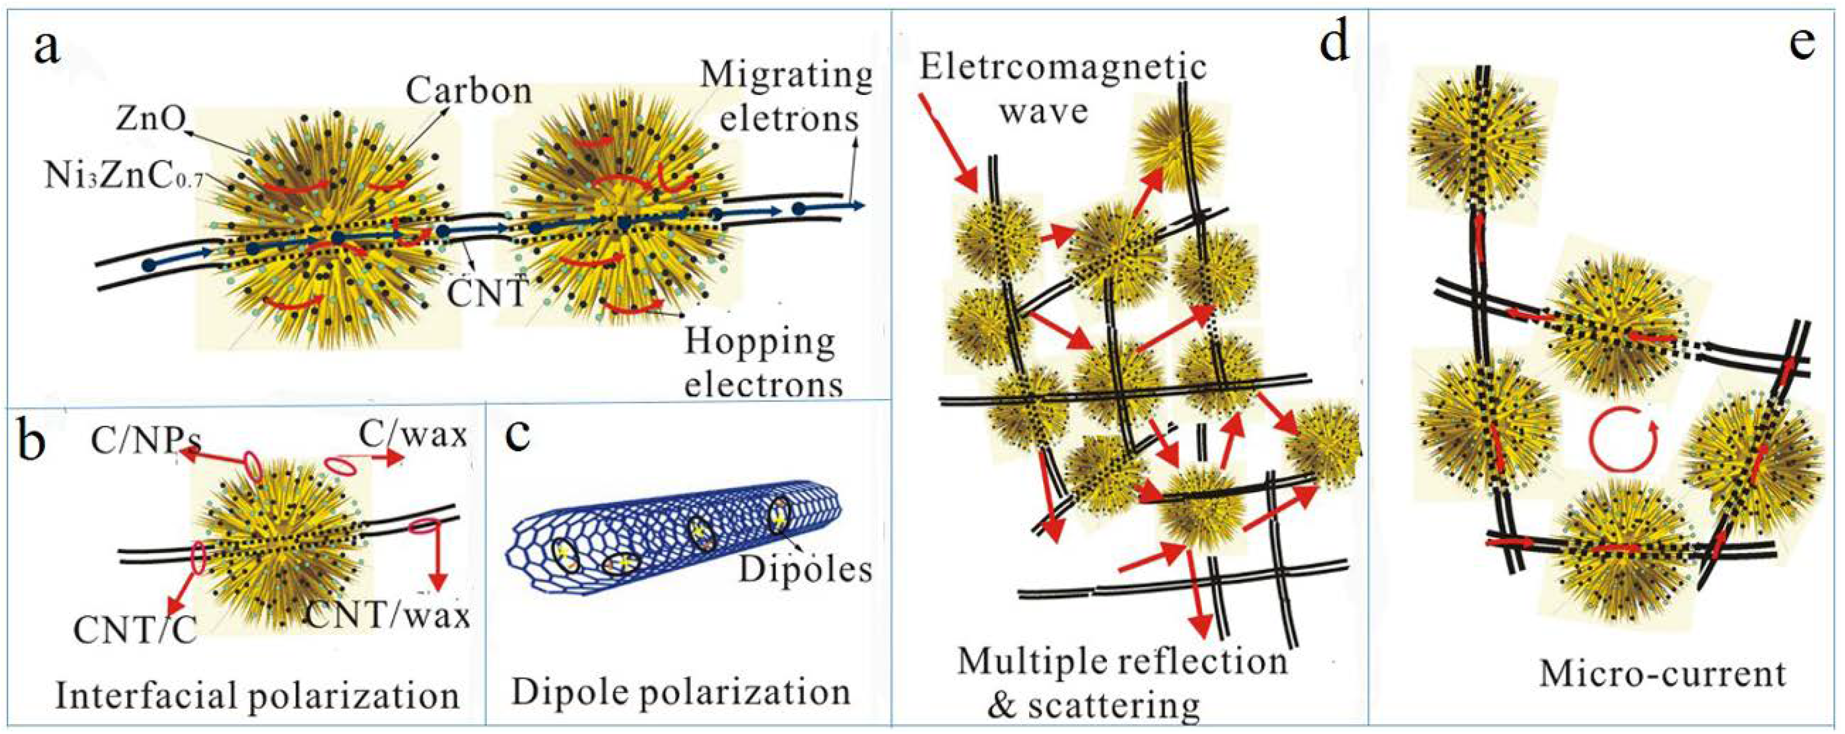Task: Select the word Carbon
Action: coord(469,91)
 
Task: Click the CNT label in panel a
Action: coord(487,294)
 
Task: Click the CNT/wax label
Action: coord(388,616)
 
